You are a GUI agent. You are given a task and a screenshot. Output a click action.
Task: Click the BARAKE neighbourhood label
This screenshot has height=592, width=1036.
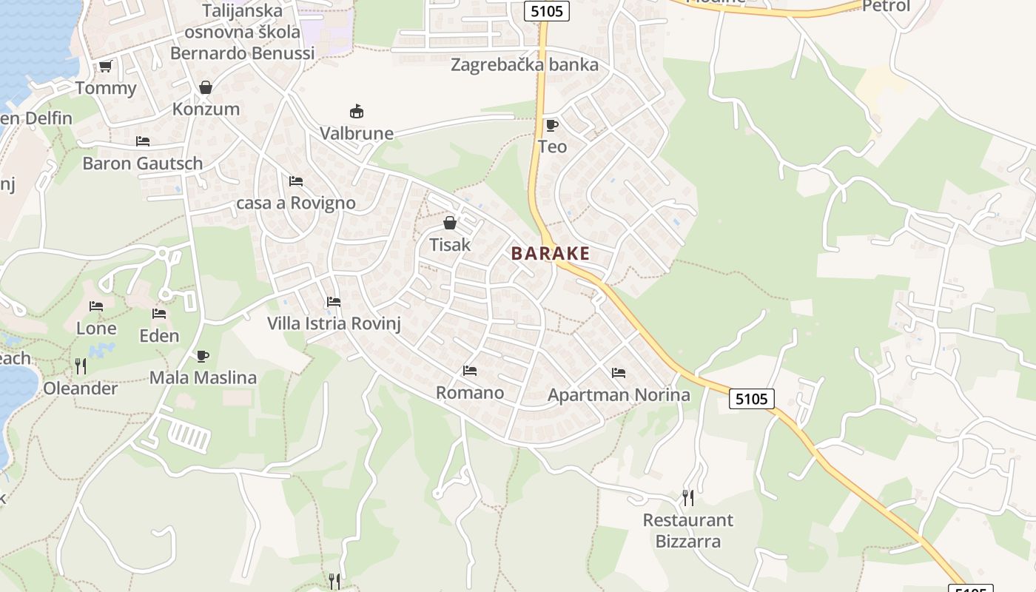tap(551, 254)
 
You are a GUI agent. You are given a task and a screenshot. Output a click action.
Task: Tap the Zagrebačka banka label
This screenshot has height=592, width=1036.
tap(525, 65)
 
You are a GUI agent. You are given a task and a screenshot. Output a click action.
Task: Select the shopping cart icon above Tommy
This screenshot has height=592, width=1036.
tap(105, 67)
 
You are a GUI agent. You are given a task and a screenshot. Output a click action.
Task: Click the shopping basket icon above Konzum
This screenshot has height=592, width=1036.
tap(206, 87)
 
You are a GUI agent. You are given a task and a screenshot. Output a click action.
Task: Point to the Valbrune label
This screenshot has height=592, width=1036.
tap(357, 134)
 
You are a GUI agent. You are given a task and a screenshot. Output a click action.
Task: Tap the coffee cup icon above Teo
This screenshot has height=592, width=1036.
tap(551, 125)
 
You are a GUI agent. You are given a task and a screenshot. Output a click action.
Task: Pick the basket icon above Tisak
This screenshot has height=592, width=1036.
tap(449, 222)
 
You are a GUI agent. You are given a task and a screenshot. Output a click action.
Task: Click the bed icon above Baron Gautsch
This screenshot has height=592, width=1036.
tap(143, 141)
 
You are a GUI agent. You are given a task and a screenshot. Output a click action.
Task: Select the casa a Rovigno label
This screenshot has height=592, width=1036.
tap(296, 203)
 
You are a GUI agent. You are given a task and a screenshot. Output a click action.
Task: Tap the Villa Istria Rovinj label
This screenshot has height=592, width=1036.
tap(334, 323)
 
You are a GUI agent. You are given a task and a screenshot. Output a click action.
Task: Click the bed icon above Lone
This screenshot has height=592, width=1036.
tap(96, 306)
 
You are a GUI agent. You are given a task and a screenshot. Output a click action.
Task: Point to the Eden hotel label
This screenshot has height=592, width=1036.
tap(159, 336)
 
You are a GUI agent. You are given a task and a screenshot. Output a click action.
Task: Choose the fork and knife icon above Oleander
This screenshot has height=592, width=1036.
tap(81, 366)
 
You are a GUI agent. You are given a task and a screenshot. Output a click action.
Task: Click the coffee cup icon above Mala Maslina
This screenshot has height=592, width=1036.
tap(203, 356)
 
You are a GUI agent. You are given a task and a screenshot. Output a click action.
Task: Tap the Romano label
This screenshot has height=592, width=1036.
tap(470, 392)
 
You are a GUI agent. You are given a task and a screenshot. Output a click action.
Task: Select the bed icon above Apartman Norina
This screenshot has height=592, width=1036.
tap(619, 372)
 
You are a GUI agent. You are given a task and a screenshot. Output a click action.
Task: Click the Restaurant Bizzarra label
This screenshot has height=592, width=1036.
tap(688, 531)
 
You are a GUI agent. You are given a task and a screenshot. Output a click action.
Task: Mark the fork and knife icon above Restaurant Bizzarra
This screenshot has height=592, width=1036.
tap(688, 497)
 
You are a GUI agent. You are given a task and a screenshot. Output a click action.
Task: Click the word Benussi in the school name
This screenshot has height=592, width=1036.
tap(283, 53)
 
